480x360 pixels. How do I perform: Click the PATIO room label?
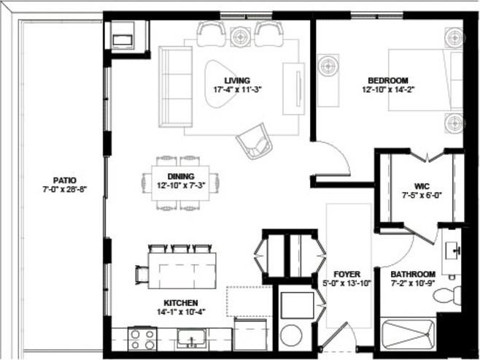click(x=64, y=179)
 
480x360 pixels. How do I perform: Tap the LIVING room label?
click(x=237, y=80)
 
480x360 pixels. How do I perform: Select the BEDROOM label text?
click(x=387, y=80)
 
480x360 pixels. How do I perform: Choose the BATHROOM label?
click(x=413, y=274)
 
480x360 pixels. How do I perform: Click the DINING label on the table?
click(x=181, y=176)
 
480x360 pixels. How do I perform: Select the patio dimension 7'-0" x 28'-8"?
click(x=64, y=189)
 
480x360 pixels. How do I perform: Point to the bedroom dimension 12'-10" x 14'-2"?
click(x=387, y=91)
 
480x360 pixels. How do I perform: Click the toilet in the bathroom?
click(x=446, y=296)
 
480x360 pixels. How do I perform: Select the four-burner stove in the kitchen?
click(x=142, y=339)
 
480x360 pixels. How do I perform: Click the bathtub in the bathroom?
click(x=409, y=336)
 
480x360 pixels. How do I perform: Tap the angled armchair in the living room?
click(x=255, y=141)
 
